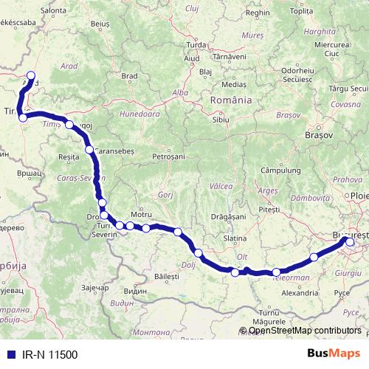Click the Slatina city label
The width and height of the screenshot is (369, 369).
234,238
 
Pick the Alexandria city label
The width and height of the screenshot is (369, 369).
300,292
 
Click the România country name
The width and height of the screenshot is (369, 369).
231,100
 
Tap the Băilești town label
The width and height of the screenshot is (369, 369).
167,275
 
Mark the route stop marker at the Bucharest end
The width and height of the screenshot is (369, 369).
349,242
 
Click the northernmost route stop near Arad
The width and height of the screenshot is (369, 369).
31,75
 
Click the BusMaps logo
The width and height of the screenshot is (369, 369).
334,354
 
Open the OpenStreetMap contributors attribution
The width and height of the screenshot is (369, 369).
304,331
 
